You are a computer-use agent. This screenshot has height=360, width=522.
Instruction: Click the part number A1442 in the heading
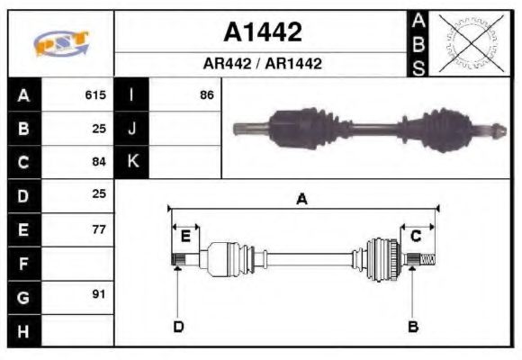coord(262,32)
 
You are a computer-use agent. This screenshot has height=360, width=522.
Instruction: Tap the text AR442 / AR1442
coord(262,64)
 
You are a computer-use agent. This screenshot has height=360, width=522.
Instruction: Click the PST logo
coord(60,43)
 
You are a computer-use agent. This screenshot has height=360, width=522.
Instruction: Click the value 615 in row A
coord(95,94)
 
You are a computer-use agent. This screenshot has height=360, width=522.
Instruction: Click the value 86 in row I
coord(206,94)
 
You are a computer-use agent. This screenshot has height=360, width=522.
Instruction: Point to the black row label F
coord(23,264)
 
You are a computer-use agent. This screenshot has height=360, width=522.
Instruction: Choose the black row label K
coord(131,162)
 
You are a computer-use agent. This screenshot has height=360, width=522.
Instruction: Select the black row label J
coord(131,128)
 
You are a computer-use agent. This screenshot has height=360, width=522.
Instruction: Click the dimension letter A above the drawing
coord(301,199)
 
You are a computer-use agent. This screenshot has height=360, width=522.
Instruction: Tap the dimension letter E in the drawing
coord(185,236)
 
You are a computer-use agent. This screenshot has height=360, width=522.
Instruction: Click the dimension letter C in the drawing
coord(416,236)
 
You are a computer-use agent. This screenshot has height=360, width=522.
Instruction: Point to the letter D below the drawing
coord(177,326)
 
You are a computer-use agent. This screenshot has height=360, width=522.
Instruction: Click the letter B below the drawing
coord(413,326)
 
